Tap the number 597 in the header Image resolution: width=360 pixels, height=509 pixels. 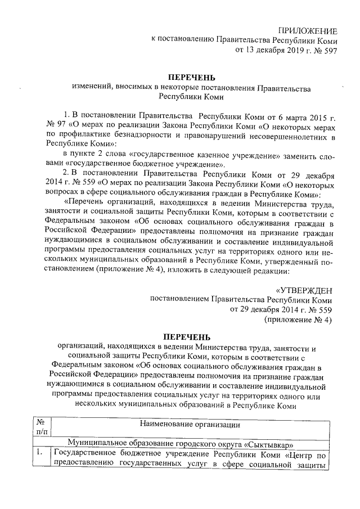point(330,50)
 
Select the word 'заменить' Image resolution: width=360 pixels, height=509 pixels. point(295,154)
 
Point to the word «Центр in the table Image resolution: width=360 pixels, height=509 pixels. point(298,453)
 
